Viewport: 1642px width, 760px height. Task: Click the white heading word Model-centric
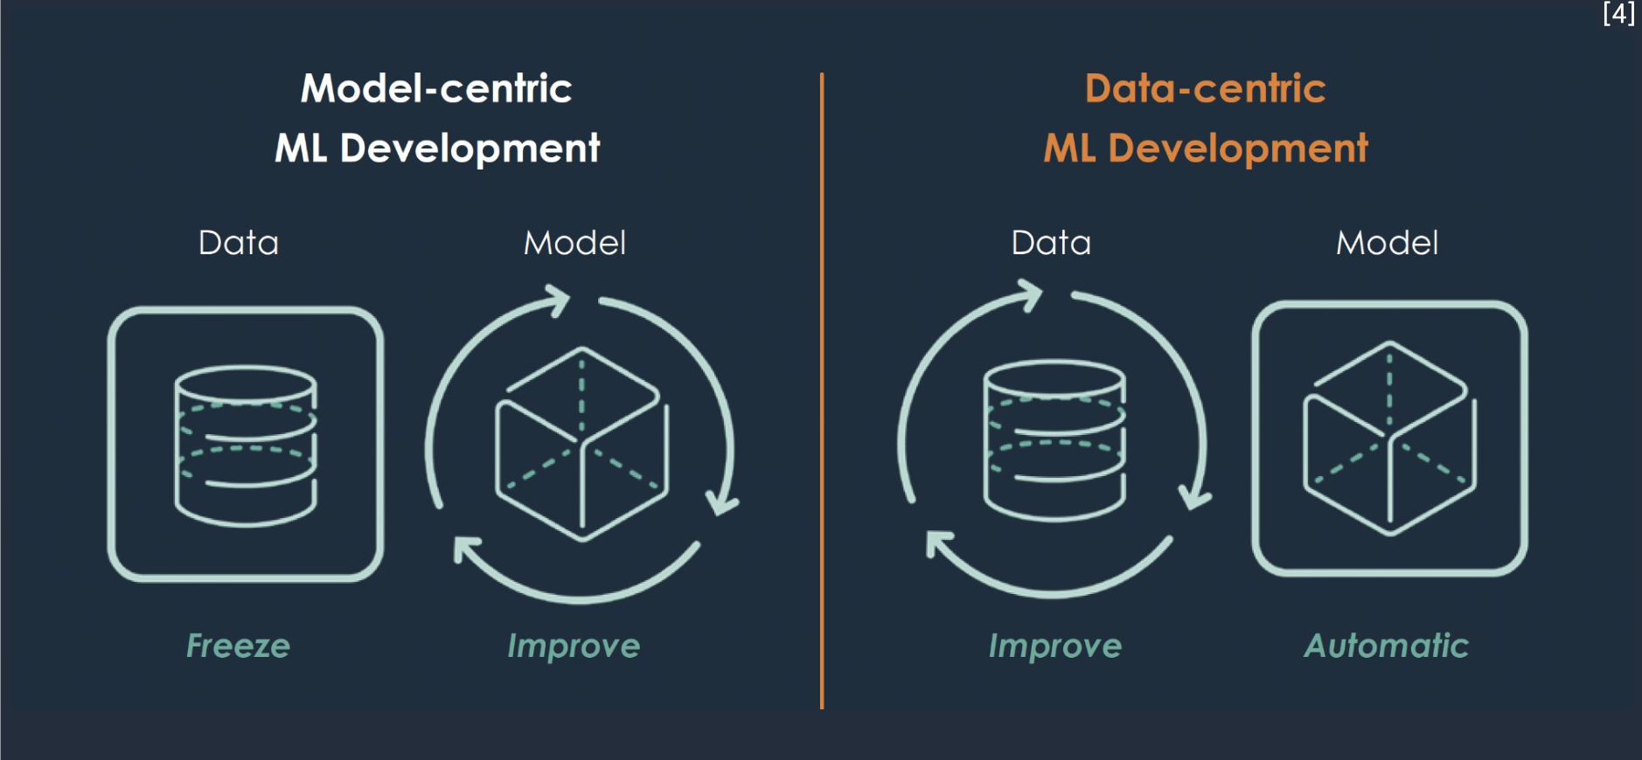click(x=436, y=88)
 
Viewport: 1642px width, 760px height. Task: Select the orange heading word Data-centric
click(x=1206, y=88)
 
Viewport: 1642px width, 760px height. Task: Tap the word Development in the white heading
click(x=470, y=149)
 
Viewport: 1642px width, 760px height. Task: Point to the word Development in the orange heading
click(x=1238, y=149)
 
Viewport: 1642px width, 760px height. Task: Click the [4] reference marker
click(x=1618, y=13)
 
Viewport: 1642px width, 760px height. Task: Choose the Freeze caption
click(x=238, y=646)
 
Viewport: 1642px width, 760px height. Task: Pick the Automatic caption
click(x=1387, y=646)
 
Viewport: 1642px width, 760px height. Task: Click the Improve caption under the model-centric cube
click(x=574, y=646)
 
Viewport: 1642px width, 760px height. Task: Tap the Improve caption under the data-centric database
click(x=1055, y=646)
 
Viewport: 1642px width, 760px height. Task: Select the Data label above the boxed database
click(x=239, y=243)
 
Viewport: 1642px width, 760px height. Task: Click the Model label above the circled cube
click(x=574, y=243)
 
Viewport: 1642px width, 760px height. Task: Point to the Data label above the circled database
click(x=1051, y=243)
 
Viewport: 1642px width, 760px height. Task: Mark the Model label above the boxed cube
click(x=1387, y=243)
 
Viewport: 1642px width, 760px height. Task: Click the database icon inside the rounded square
click(x=246, y=446)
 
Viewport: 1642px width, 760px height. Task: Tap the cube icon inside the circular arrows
click(x=581, y=445)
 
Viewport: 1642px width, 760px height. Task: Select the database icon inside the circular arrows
click(x=1054, y=440)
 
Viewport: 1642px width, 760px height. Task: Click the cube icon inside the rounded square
click(x=1389, y=439)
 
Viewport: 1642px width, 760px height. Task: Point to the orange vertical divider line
click(x=822, y=390)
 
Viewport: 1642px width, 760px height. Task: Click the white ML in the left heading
click(x=301, y=149)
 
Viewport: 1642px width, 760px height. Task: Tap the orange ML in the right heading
click(x=1069, y=149)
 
